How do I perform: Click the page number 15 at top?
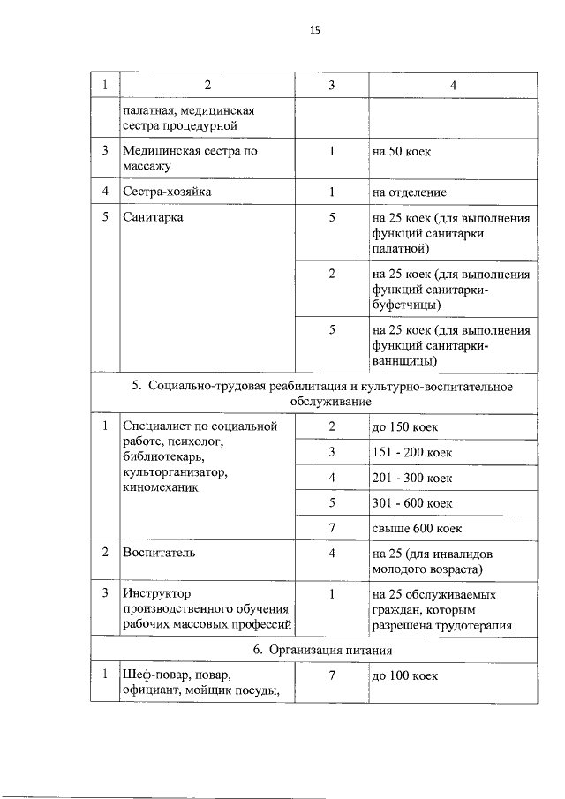(314, 30)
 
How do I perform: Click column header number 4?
(452, 85)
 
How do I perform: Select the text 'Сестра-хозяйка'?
(167, 192)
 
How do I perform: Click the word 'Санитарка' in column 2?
(154, 217)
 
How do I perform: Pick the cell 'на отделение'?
(410, 192)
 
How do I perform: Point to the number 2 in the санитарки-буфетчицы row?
(332, 274)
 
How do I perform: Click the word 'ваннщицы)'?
(406, 361)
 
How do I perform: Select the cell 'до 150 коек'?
(406, 427)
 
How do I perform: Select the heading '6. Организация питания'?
(313, 650)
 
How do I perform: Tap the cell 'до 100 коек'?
(406, 676)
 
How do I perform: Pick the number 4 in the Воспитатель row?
(332, 553)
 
